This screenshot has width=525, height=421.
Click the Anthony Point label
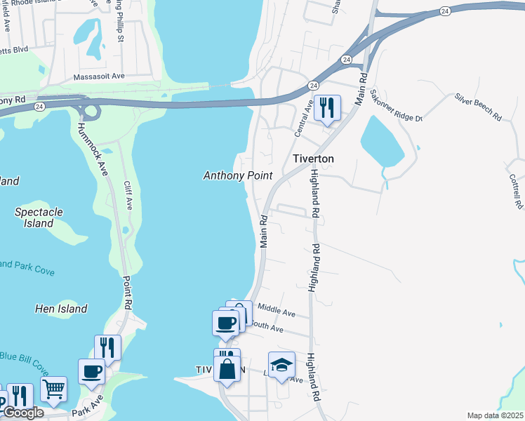(x=237, y=175)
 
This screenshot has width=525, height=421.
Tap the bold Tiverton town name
(x=313, y=159)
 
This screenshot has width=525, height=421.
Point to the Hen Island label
(x=61, y=309)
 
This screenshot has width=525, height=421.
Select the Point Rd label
(x=127, y=291)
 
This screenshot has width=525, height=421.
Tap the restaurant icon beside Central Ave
(x=327, y=108)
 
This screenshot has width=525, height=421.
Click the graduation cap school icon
(x=281, y=365)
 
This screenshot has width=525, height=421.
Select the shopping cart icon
(x=53, y=389)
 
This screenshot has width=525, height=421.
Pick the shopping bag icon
(x=227, y=369)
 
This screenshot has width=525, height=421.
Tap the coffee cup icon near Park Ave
(x=91, y=371)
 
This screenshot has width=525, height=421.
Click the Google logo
(x=22, y=413)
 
